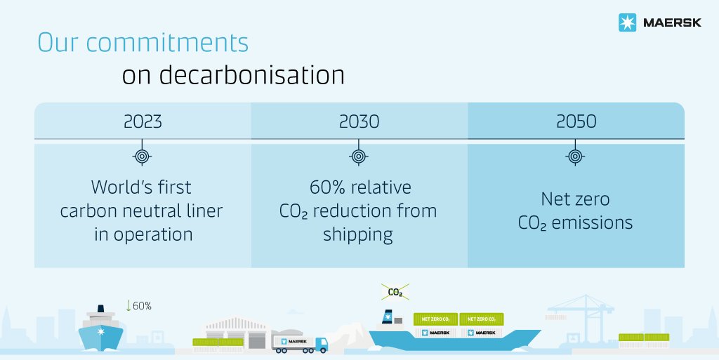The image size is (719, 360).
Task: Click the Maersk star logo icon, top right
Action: (626, 23)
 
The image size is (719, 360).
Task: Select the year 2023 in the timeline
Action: (143, 121)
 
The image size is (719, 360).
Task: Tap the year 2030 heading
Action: (359, 121)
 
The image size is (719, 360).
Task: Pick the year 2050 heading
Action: (576, 121)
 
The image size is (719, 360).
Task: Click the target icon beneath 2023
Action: (143, 156)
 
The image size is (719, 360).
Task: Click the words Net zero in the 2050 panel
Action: (575, 199)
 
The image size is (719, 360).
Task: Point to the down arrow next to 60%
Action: (128, 305)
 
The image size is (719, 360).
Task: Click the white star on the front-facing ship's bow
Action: (102, 330)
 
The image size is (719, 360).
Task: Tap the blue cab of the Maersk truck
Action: (320, 343)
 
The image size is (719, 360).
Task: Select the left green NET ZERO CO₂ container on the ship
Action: (435, 319)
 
